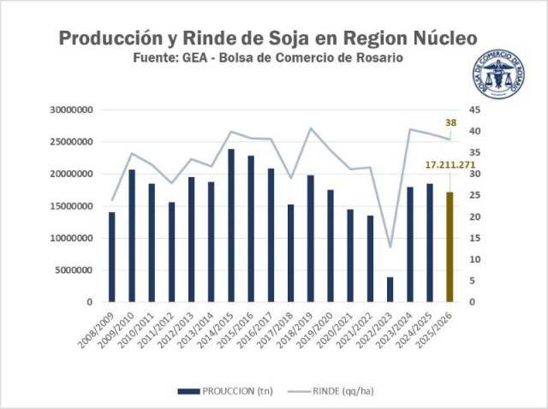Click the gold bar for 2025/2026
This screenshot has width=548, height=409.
click(x=449, y=247)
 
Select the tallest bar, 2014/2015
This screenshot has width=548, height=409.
click(x=230, y=226)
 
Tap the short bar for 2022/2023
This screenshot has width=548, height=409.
click(x=390, y=289)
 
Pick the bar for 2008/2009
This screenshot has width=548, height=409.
click(x=111, y=257)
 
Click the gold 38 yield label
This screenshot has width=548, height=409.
click(x=450, y=122)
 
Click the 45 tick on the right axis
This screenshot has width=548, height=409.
click(x=474, y=110)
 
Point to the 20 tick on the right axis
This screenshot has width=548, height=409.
click(x=474, y=216)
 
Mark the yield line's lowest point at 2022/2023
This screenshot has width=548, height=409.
click(x=390, y=247)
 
